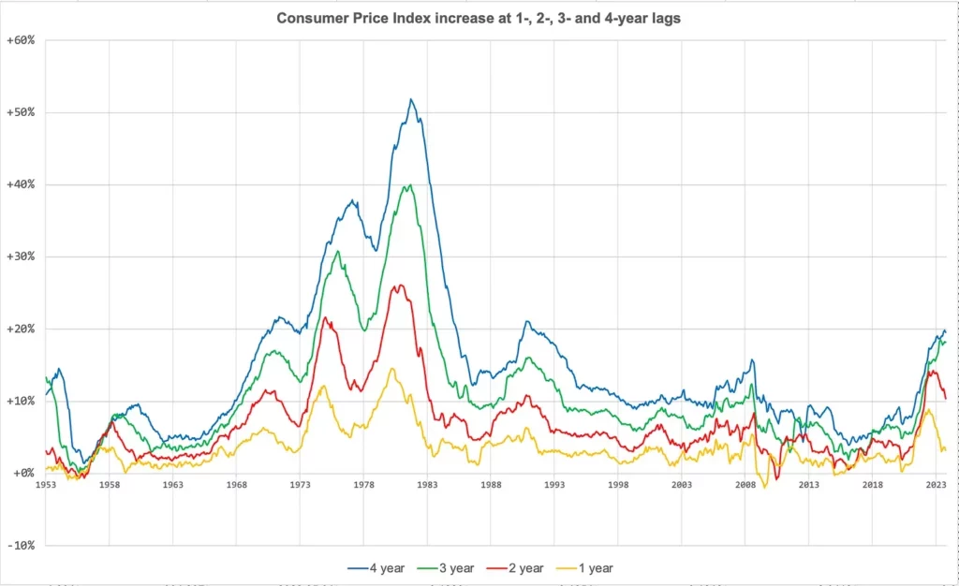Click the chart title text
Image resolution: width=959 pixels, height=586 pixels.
479,19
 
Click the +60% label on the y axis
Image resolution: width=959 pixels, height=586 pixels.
21,40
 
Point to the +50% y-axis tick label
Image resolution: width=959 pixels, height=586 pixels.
21,112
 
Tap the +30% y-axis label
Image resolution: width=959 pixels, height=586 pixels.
21,256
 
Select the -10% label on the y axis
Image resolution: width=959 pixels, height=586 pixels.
21,545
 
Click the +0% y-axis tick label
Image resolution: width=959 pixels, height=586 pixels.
23,473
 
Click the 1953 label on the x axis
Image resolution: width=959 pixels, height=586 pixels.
46,485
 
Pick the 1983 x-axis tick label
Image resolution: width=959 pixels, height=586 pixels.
427,485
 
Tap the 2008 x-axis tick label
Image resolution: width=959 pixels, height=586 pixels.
745,485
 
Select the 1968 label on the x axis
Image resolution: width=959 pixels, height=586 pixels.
237,485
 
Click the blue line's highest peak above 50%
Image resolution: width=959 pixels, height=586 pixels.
411,99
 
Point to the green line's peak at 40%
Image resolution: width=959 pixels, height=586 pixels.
409,184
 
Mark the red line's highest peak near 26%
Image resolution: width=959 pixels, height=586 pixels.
400,286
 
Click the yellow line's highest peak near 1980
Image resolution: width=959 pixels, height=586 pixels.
392,369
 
